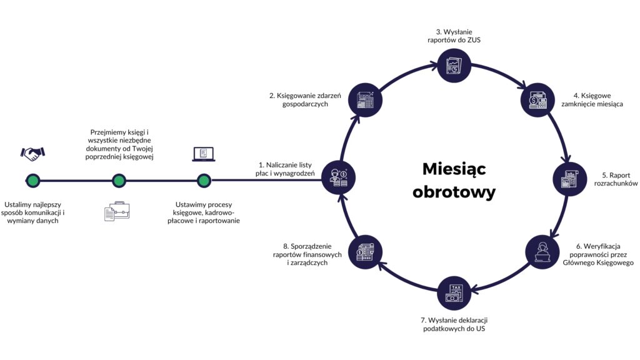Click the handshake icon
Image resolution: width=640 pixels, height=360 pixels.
click(33, 152)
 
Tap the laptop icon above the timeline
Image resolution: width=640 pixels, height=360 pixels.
click(203, 154)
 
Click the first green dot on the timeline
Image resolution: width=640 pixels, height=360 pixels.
click(33, 181)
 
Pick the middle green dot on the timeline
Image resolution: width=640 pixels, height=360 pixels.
click(119, 181)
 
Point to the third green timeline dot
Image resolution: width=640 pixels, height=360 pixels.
click(203, 181)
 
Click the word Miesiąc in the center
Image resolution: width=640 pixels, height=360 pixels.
click(454, 169)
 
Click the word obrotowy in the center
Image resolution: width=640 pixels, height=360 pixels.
click(454, 191)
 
